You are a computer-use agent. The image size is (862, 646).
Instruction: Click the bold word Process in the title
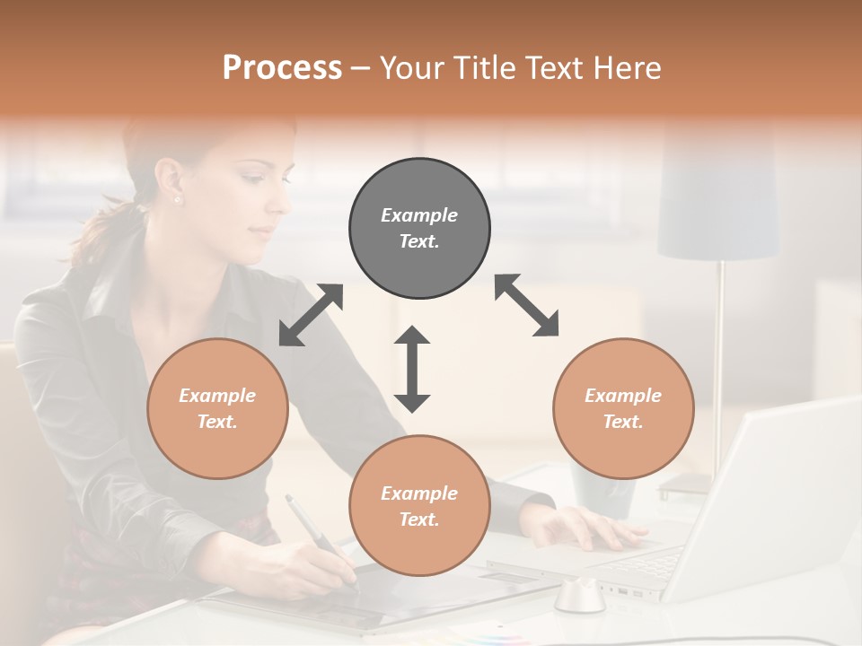pos(282,68)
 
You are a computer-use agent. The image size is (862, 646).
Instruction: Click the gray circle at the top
pos(419,228)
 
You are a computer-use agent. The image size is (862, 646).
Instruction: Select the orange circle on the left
pos(217,408)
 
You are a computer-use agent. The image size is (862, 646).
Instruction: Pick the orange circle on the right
pos(623,408)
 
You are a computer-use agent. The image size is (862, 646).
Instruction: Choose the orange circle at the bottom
pos(419,505)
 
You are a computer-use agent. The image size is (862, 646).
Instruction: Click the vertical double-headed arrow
pos(412,368)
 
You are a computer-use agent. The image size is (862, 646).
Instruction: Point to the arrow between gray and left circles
pos(311,315)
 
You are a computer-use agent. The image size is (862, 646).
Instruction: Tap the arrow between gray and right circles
pos(526,305)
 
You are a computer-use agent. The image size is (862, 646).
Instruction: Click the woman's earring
pos(176,199)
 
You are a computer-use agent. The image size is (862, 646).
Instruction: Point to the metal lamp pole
pos(718,359)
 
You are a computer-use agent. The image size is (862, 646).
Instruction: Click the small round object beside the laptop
pos(579,596)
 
